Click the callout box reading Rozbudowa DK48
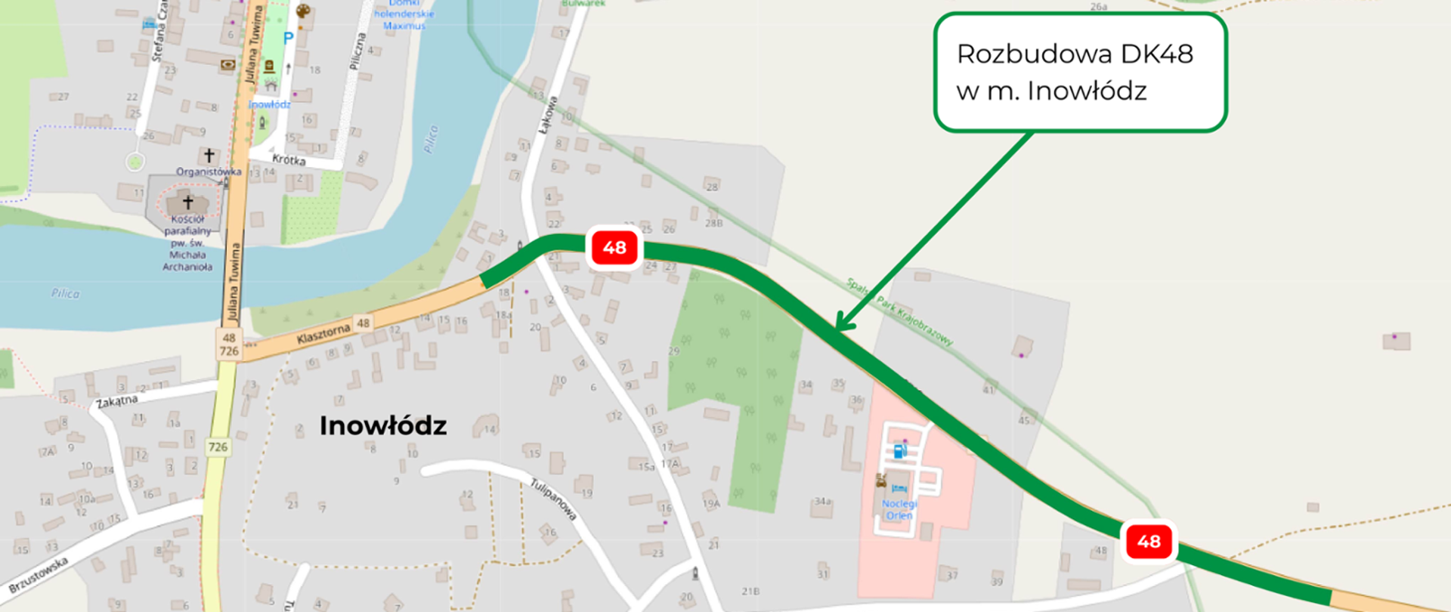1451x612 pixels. coord(1079,72)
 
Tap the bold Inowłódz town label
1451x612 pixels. coord(382,425)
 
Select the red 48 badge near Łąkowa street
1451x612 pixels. coord(614,248)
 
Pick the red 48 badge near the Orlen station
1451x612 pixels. coord(1148,541)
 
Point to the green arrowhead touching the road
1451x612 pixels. coord(842,326)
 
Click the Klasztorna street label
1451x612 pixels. coord(323,333)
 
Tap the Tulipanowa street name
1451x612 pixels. coord(554,499)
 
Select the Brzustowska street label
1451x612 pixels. coord(39,575)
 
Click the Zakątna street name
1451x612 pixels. coord(116,401)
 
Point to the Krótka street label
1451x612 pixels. coord(289,159)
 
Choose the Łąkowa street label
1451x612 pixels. coord(547,116)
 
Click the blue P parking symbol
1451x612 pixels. coord(288,38)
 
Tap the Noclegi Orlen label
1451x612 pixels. coord(899,509)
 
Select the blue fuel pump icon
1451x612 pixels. coord(900,451)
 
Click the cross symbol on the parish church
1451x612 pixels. coord(188,202)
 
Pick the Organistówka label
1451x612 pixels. coord(209,172)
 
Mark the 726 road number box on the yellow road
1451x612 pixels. coord(218,447)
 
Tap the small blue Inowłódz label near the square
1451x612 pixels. coord(270,104)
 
